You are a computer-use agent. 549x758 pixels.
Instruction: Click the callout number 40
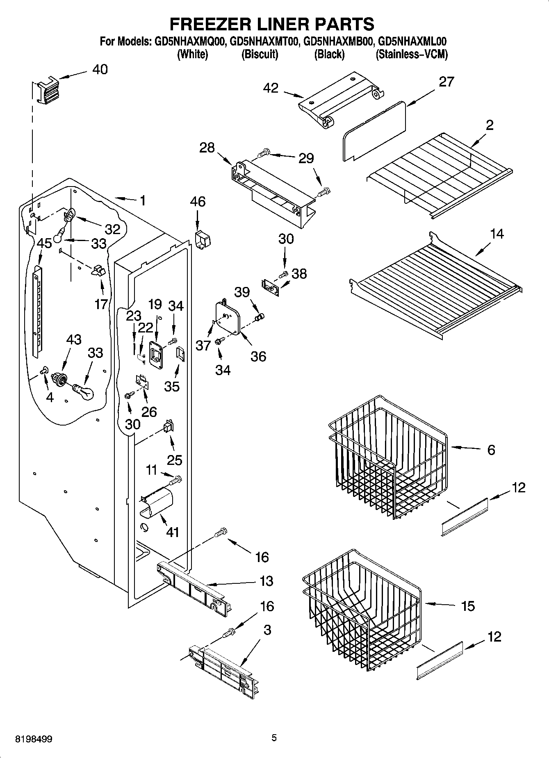100,69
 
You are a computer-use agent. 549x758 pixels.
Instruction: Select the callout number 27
446,82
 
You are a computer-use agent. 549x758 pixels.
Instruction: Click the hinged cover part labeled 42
342,99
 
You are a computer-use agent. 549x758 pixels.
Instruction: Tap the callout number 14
497,234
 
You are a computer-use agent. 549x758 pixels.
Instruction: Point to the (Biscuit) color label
260,54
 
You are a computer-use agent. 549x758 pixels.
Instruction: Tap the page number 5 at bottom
274,738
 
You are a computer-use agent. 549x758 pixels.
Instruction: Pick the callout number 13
266,581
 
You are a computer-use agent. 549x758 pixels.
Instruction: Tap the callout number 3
267,630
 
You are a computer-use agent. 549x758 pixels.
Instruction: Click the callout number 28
207,148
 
